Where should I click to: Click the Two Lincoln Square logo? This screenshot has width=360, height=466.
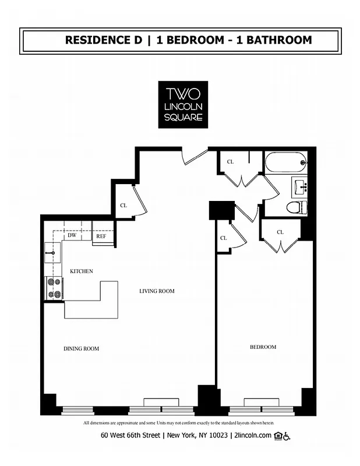(x=183, y=104)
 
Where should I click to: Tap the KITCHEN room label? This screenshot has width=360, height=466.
(x=82, y=271)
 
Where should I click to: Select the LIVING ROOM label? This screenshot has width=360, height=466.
(x=157, y=291)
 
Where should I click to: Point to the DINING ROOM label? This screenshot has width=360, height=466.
(x=81, y=349)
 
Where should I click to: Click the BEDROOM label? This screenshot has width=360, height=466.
(x=263, y=347)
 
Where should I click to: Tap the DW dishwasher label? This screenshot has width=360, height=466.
(x=72, y=236)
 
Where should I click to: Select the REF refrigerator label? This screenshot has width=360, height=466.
(x=101, y=236)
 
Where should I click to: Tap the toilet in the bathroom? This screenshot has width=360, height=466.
(x=297, y=207)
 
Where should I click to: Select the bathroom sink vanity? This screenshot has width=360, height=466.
(x=300, y=188)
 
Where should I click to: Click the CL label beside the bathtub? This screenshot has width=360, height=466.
(x=230, y=162)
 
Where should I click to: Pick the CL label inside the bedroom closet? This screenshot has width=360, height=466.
(x=280, y=232)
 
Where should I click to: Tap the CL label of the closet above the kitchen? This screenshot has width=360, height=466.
(x=123, y=206)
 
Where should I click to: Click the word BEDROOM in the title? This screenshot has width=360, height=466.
(x=190, y=40)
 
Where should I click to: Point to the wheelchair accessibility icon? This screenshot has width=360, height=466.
(x=287, y=436)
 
